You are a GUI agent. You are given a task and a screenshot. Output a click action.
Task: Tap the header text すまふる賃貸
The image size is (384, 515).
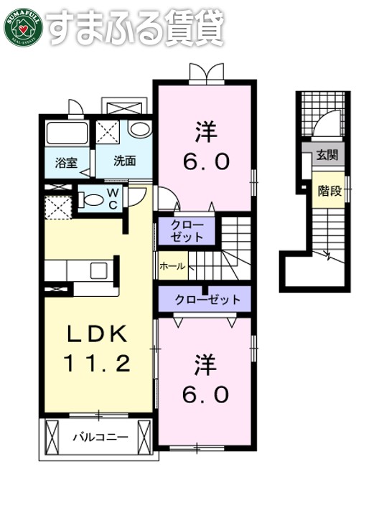pos(136,27)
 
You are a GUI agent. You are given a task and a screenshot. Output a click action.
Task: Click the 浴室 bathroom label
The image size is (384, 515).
pos(66,161)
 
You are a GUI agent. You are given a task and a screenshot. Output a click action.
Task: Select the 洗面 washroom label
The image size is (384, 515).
pos(124,161)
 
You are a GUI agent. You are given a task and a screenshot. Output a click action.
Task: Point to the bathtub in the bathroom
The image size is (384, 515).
pos(66,134)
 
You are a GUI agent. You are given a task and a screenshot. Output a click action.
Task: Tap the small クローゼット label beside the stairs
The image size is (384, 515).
pos(187,231)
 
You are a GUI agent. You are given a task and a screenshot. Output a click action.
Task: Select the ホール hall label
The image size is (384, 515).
pos(172,266)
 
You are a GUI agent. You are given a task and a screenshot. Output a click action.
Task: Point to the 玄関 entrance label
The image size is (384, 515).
pos(327,155)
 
